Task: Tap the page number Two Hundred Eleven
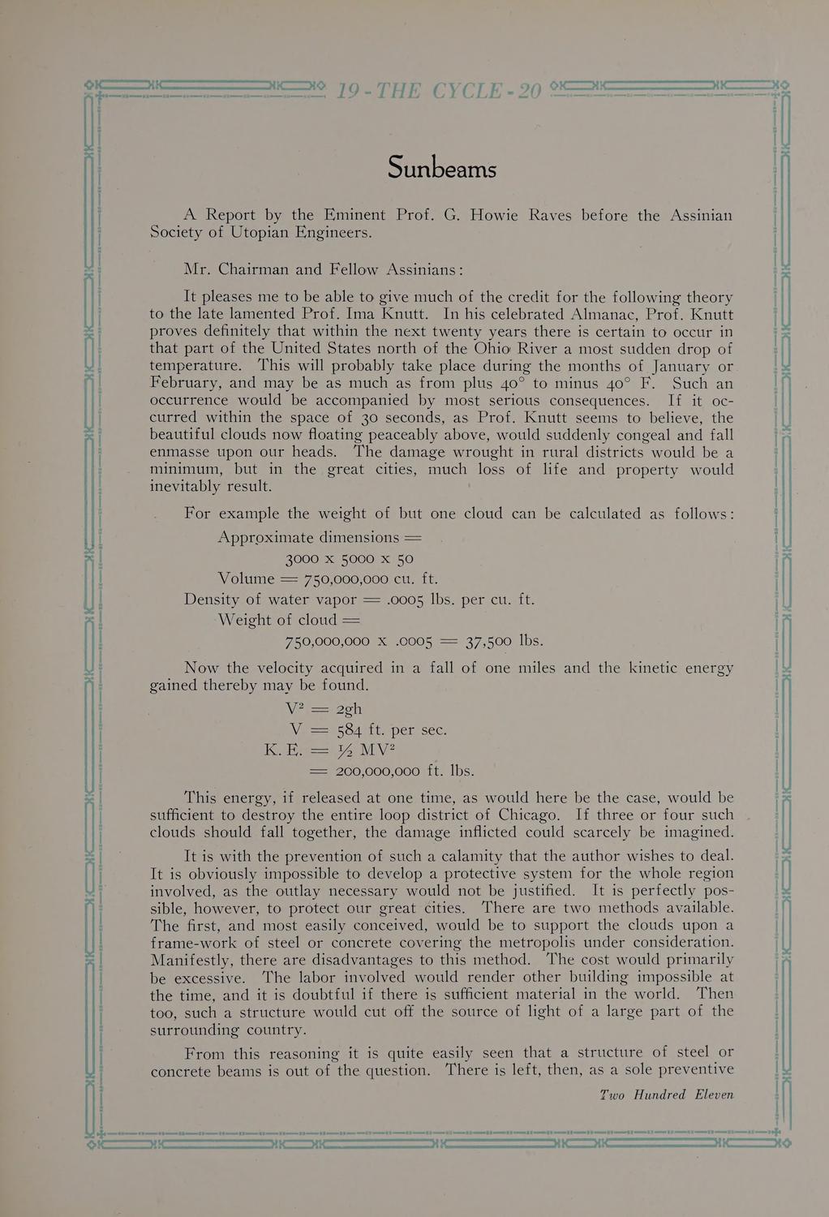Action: [666, 1094]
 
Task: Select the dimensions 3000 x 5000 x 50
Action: [350, 559]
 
